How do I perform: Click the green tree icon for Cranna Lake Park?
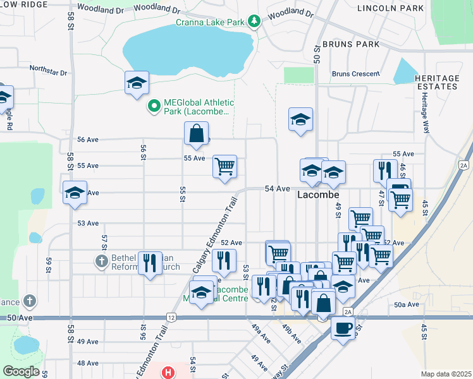click(x=254, y=22)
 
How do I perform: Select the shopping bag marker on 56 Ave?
click(x=196, y=133)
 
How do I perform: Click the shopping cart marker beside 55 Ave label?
click(x=224, y=167)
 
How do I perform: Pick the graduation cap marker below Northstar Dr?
click(x=137, y=83)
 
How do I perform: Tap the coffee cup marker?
click(x=343, y=328)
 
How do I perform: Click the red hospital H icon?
click(x=168, y=372)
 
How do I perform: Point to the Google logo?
click(x=20, y=371)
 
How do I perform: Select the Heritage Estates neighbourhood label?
click(x=437, y=82)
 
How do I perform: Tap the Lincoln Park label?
click(x=390, y=8)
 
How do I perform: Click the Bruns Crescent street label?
click(x=355, y=74)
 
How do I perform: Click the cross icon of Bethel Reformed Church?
click(x=101, y=260)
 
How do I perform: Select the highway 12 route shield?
click(x=171, y=316)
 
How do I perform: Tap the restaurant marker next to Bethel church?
click(x=149, y=263)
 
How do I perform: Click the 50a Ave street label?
click(x=407, y=304)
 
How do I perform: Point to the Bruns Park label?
click(x=351, y=44)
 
